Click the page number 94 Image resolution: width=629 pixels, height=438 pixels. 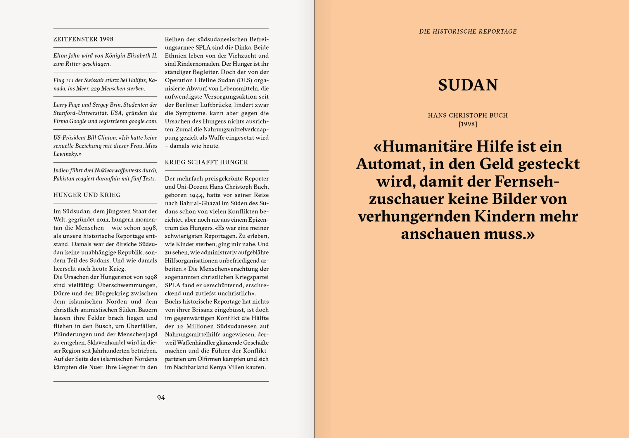161,398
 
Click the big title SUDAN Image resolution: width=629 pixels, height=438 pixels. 468,85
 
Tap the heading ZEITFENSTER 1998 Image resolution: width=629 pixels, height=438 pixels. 83,39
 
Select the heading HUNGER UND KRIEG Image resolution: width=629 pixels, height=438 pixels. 87,195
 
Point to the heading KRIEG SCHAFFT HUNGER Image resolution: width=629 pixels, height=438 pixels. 206,162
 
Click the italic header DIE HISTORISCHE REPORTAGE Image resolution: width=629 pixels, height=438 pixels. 468,32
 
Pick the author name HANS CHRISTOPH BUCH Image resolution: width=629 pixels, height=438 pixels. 468,115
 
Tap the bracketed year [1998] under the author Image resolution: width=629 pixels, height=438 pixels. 468,124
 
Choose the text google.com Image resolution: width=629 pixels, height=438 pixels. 143,121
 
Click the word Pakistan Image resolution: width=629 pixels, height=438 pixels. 64,178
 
